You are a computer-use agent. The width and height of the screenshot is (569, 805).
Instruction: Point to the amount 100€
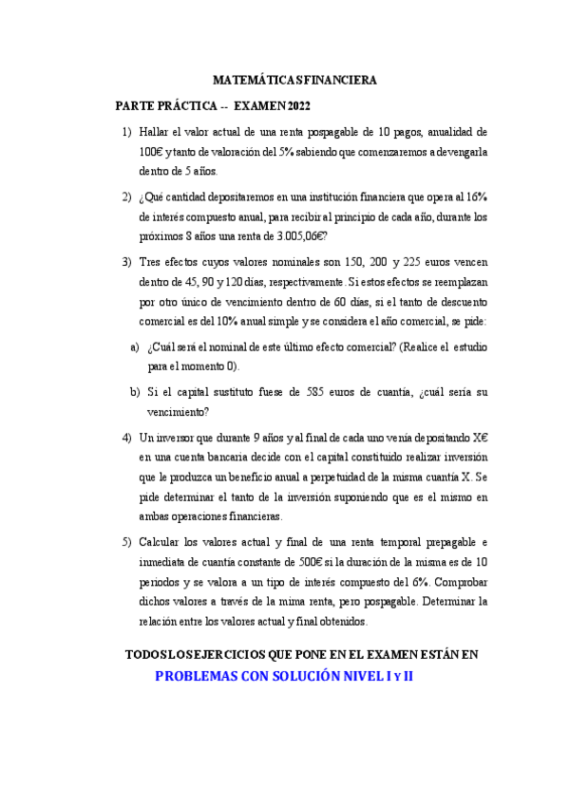(x=150, y=152)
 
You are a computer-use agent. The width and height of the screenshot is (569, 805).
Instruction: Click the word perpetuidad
(x=393, y=477)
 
